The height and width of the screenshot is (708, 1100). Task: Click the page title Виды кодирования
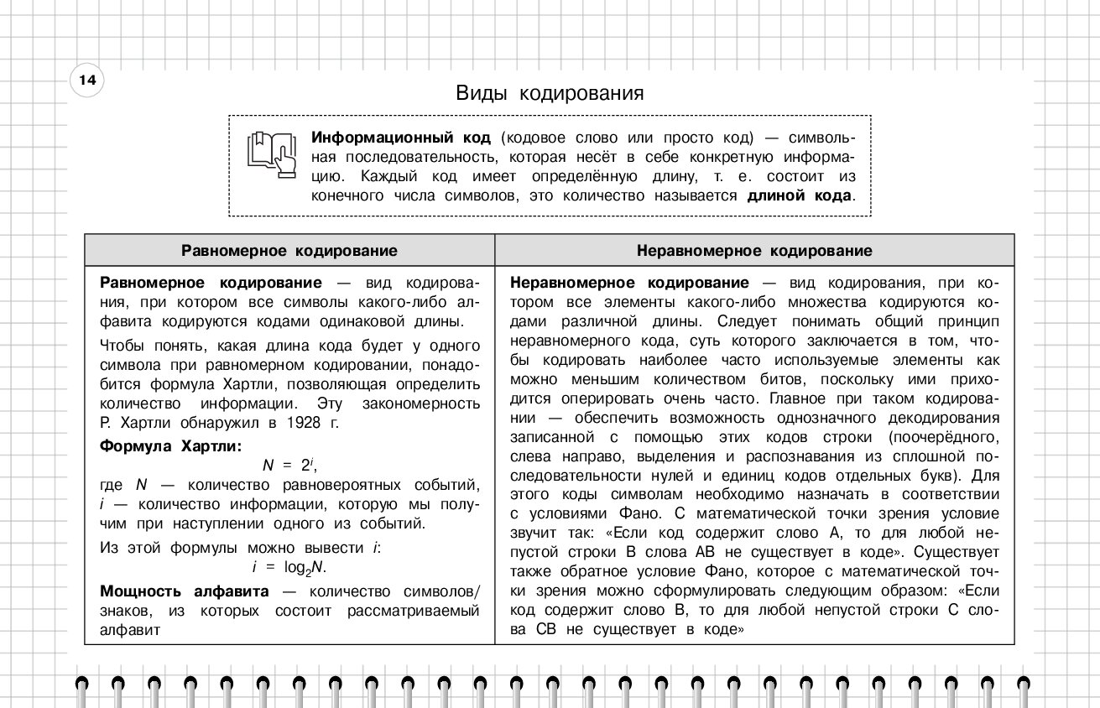(550, 93)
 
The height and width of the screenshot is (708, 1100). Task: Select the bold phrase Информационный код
(401, 137)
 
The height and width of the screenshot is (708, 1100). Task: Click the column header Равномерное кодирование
(289, 251)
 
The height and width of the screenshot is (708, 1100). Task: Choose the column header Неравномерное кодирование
(754, 251)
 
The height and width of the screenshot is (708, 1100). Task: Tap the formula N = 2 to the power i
(289, 466)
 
